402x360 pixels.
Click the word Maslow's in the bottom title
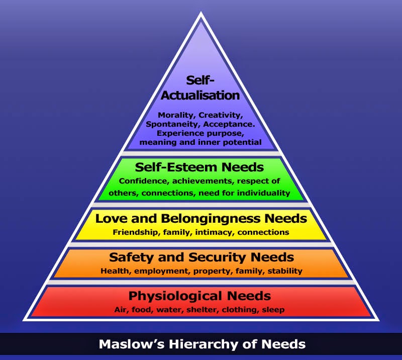[132, 344]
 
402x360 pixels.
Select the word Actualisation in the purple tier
[200, 96]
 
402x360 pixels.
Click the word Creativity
[221, 116]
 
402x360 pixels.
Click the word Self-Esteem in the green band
[177, 167]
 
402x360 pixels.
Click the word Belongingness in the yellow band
[211, 219]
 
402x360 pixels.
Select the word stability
[285, 271]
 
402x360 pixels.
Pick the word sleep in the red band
[273, 310]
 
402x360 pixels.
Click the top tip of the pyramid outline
[201, 12]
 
